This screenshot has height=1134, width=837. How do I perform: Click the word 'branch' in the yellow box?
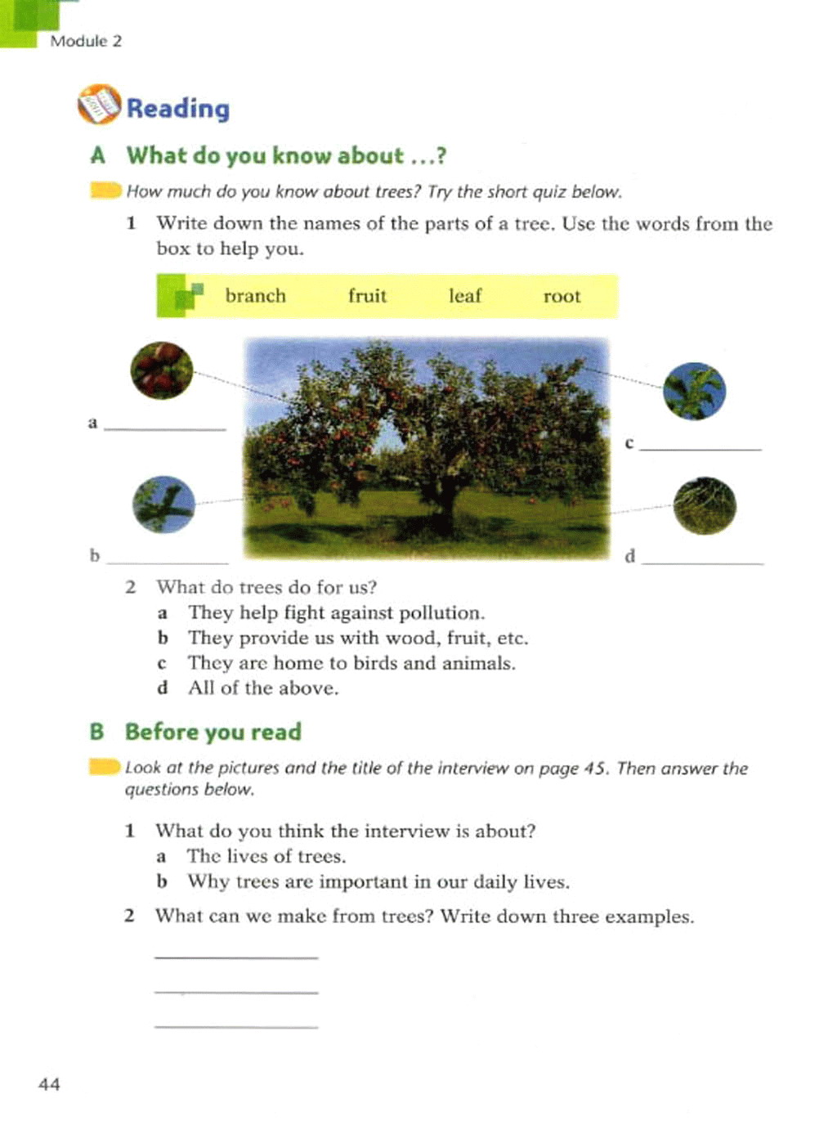pos(255,296)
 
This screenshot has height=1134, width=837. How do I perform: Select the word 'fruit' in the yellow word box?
pos(367,296)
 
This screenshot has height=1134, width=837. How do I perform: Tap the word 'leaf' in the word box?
pos(465,296)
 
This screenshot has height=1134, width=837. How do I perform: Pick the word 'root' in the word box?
pos(562,296)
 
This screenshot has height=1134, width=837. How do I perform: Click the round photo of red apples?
pos(162,370)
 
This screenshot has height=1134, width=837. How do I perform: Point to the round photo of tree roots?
pos(705,505)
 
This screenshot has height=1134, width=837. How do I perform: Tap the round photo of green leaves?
pos(694,391)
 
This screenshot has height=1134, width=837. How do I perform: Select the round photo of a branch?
pos(163,504)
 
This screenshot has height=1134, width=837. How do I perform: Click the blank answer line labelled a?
pos(165,428)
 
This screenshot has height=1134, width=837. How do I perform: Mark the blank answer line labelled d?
pos(702,563)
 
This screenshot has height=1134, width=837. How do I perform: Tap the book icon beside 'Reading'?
pos(99,105)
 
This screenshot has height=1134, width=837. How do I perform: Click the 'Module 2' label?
pos(85,41)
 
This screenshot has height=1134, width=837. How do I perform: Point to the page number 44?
pos(49,1084)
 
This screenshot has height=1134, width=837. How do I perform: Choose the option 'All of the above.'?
pos(262,688)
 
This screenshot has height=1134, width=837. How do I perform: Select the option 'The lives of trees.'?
pos(266,856)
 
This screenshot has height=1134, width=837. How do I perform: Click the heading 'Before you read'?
pos(213,731)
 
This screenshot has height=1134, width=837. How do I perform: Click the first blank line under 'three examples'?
pos(235,956)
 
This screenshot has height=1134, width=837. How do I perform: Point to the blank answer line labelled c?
pos(700,448)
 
